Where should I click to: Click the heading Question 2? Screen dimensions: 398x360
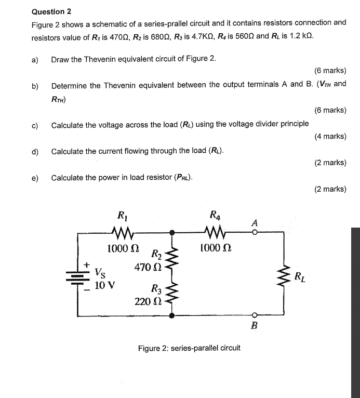point(51,11)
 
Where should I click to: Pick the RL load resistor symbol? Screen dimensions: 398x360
point(285,277)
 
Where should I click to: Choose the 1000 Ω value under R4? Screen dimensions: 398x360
point(215,249)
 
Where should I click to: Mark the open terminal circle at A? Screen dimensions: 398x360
point(255,232)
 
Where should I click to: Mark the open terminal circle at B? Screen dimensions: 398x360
point(255,315)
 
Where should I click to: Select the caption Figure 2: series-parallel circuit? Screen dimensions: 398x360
point(189,347)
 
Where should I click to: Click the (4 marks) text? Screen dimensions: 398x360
point(330,136)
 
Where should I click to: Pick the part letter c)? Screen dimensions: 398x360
point(35,125)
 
